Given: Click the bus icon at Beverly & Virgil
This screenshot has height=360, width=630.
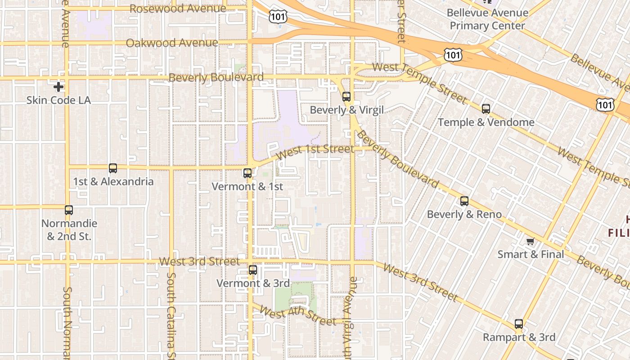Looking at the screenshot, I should click(346, 96).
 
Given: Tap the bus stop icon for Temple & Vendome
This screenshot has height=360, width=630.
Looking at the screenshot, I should click(486, 108).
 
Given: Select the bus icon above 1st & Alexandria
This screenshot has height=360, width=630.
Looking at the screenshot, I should click(113, 168).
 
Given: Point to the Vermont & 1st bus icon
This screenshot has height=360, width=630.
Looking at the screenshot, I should click(247, 173).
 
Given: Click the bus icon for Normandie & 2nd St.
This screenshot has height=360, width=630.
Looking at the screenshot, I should click(69, 210).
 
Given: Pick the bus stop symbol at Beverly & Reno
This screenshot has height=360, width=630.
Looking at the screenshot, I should click(464, 201).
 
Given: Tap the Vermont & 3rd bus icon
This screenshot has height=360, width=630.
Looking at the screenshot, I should click(253, 270).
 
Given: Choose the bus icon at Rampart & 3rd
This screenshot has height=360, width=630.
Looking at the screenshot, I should click(519, 324).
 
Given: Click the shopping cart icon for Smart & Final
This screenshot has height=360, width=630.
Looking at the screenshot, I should click(531, 242).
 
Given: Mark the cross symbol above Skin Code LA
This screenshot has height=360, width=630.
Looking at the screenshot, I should click(58, 87).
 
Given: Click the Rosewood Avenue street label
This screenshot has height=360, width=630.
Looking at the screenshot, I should click(178, 9).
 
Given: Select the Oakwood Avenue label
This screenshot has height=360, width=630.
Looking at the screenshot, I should click(172, 43).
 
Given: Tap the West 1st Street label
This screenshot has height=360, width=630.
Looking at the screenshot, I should click(315, 151).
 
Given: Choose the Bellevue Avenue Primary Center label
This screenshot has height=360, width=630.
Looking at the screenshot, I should click(487, 19).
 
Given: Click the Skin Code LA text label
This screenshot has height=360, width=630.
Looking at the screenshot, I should click(58, 100).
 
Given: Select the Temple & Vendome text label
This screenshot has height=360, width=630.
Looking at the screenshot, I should click(486, 122).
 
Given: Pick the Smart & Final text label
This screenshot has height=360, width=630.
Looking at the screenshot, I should click(531, 254).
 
